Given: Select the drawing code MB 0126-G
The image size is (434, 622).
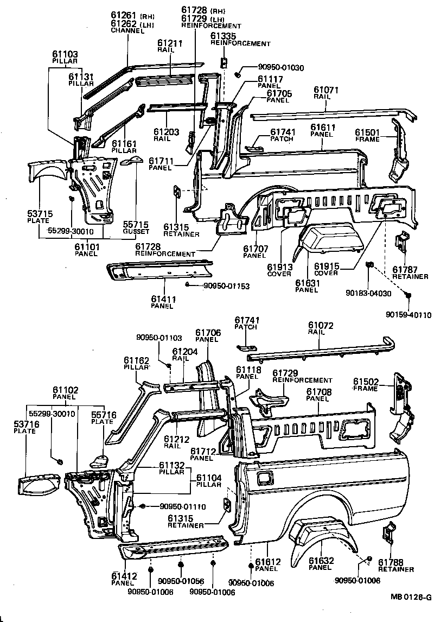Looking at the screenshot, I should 410,597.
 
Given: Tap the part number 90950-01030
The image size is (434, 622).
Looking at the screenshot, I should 270,67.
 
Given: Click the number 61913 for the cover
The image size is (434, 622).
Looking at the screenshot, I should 279,267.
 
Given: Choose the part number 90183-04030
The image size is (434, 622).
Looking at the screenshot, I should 367,294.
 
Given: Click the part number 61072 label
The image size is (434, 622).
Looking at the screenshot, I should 320,325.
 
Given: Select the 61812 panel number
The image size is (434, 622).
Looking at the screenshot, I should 266,561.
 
